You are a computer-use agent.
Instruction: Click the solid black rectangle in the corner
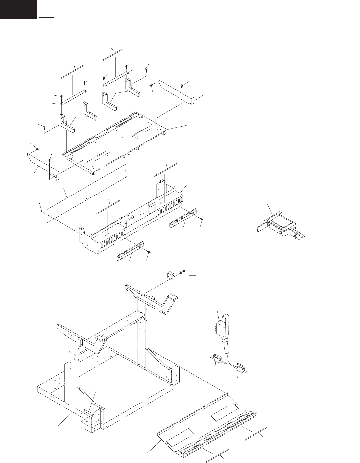click(x=18, y=9)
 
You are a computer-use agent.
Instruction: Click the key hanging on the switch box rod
click(x=300, y=235)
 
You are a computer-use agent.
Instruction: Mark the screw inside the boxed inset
click(x=184, y=271)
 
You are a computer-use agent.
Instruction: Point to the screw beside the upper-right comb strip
click(x=201, y=219)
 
